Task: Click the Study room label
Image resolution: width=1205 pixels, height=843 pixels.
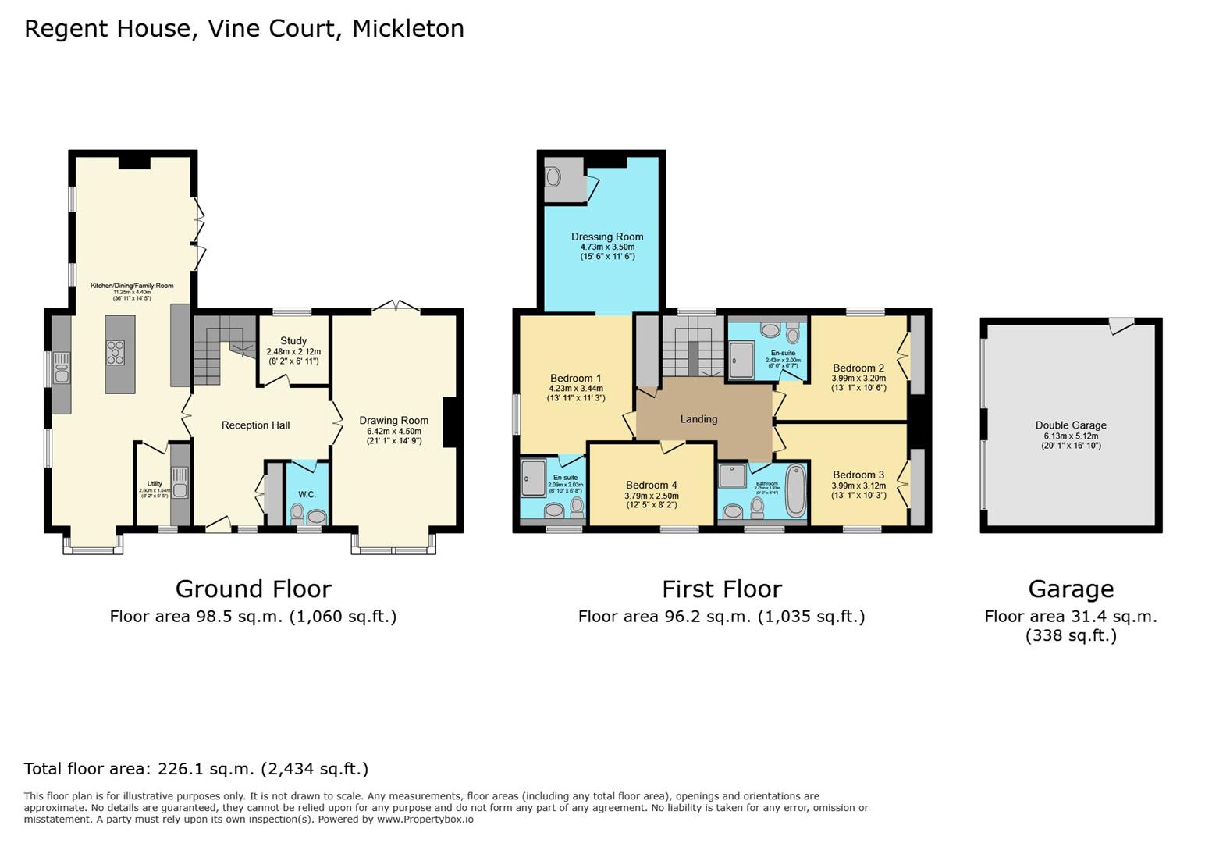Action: (x=293, y=341)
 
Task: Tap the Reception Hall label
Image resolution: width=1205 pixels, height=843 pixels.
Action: (x=255, y=425)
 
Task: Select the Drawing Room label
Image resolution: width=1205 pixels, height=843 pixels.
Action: (x=393, y=421)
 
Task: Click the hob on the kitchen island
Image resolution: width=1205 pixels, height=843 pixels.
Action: (x=116, y=353)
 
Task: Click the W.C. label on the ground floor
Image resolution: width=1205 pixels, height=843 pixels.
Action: (x=307, y=494)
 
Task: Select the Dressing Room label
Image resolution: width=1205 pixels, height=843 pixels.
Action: (x=607, y=237)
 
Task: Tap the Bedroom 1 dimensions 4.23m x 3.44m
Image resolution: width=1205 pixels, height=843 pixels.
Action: (x=576, y=389)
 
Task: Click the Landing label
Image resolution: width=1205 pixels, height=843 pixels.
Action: (x=698, y=419)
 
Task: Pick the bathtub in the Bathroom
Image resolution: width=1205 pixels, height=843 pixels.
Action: (x=796, y=489)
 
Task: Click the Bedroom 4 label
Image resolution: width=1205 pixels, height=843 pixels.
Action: (x=652, y=485)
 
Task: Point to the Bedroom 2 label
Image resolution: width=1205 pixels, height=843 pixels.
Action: (x=858, y=368)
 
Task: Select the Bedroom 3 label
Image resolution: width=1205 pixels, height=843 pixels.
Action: (x=858, y=475)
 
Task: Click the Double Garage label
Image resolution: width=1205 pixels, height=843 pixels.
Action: (x=1071, y=425)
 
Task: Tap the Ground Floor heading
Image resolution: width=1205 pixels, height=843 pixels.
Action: (x=253, y=589)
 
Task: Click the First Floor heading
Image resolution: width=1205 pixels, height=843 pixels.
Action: (x=721, y=589)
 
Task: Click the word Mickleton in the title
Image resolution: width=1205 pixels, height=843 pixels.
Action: (x=407, y=28)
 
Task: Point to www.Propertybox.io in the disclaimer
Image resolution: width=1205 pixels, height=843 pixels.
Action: (x=425, y=820)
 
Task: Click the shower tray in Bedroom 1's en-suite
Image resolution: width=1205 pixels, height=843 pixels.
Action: (x=534, y=477)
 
